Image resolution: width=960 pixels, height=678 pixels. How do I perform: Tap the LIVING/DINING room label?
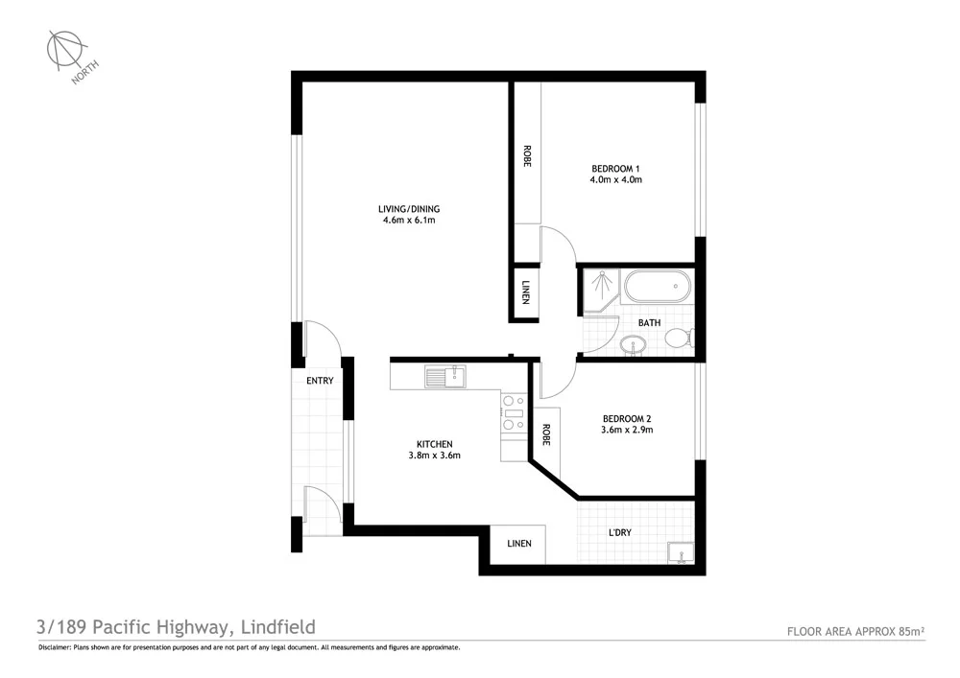(409, 208)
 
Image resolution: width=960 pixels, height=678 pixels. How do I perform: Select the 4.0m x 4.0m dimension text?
(615, 179)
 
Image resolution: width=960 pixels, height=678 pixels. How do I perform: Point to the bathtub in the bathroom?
(656, 286)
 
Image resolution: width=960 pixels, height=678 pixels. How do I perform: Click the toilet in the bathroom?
(679, 338)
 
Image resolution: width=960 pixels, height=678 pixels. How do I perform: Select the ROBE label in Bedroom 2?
(546, 435)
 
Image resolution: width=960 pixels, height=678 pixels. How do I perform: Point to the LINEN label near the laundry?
(518, 544)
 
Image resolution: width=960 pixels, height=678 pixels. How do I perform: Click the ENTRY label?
(320, 381)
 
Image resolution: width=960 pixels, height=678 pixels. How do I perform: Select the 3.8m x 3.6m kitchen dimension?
(434, 456)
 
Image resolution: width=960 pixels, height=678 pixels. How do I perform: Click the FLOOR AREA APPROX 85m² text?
(855, 631)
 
